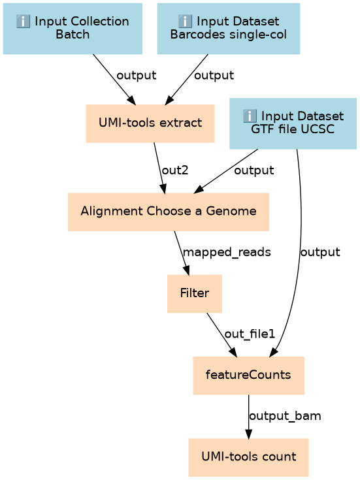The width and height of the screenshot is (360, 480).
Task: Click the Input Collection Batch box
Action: click(73, 29)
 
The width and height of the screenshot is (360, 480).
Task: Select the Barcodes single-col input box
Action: click(229, 29)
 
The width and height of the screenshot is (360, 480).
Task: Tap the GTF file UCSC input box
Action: click(293, 123)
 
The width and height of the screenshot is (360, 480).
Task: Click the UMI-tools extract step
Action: click(150, 123)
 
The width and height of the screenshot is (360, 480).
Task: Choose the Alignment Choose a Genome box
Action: click(169, 212)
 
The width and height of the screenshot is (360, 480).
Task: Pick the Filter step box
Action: click(195, 294)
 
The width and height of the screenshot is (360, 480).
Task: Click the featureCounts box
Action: click(248, 376)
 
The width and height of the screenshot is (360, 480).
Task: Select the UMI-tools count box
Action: click(248, 457)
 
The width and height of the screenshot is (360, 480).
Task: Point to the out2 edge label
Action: click(175, 170)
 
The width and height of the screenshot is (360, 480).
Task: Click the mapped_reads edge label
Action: click(227, 252)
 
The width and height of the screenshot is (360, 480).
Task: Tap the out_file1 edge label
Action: click(250, 334)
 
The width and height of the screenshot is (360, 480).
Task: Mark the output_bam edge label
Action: click(285, 416)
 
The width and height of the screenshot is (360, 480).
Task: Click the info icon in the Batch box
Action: click(23, 22)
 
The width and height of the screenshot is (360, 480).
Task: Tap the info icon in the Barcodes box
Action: click(185, 22)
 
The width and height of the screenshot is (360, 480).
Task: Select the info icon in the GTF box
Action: click(250, 116)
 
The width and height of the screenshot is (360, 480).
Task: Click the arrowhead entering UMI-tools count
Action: click(248, 434)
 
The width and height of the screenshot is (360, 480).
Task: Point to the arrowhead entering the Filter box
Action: click(186, 270)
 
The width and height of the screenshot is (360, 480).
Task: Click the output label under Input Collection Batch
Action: click(137, 75)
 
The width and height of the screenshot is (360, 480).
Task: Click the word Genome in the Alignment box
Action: click(231, 211)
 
